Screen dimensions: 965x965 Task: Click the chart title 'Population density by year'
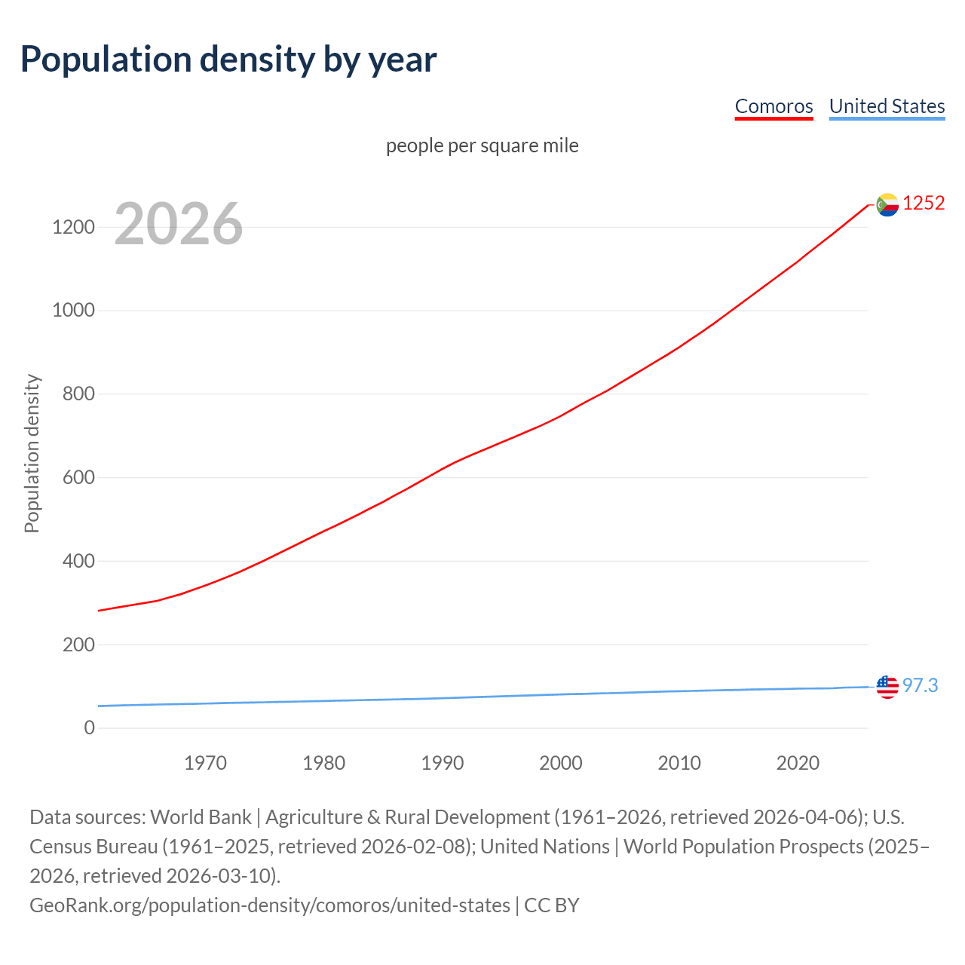coord(228,60)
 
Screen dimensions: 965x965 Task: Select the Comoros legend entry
coord(774,106)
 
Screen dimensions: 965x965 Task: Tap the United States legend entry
coord(887,106)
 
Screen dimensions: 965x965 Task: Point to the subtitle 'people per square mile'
coord(482,146)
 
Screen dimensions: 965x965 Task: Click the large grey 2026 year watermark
coord(179,224)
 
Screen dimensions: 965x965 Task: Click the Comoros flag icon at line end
coord(887,204)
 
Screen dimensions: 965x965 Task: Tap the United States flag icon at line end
coord(887,686)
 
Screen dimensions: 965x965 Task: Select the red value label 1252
coord(924,204)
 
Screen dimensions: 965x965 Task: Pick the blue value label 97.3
coord(921,685)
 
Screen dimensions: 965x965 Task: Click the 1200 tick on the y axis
coord(73,227)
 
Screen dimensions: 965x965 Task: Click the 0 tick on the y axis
coord(90,728)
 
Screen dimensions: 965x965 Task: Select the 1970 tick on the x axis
coord(205,763)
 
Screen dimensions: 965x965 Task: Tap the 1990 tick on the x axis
coord(443,763)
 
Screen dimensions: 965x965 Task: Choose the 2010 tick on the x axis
coord(679,763)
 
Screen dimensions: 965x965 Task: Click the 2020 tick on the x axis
coord(798,763)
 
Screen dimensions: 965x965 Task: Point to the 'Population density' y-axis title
coord(32,454)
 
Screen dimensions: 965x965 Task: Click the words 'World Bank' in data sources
coord(201,817)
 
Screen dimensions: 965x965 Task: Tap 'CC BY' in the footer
coord(552,905)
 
